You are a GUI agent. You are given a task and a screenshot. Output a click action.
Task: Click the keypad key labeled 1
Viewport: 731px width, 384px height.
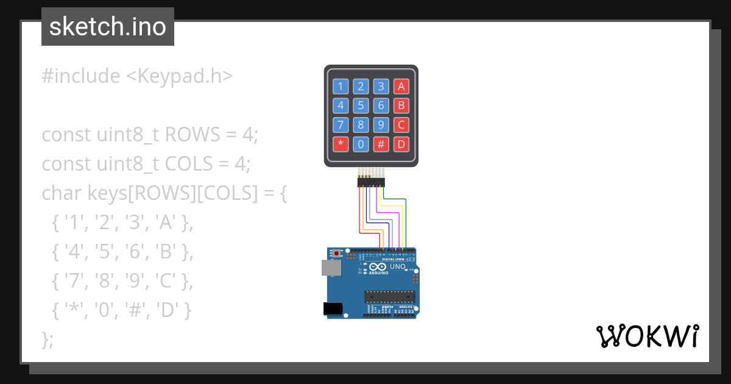(341, 86)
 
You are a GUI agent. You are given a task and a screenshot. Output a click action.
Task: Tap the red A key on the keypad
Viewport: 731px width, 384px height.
(401, 86)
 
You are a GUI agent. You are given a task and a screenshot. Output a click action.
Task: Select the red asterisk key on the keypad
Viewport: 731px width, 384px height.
(341, 144)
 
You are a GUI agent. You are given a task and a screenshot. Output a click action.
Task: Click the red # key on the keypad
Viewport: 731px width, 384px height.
(381, 144)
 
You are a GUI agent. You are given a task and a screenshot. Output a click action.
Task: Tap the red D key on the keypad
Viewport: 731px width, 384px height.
(401, 144)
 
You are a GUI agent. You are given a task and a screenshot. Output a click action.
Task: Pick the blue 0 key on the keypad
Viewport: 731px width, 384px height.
(361, 144)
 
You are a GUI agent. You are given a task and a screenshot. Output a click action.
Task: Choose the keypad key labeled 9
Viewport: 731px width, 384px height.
(381, 125)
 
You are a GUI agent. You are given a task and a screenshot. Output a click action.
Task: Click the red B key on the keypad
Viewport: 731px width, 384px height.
(401, 105)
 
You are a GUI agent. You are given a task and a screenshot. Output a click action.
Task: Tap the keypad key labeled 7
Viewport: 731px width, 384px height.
(341, 125)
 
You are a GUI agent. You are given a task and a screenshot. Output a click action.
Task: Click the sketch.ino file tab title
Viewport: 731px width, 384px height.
(108, 27)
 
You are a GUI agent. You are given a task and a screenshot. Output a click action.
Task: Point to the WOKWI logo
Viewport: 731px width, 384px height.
(647, 336)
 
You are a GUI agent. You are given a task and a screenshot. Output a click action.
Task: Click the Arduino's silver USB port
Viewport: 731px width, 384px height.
(331, 268)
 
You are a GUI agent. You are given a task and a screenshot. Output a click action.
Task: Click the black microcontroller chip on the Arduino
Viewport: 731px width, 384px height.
(390, 297)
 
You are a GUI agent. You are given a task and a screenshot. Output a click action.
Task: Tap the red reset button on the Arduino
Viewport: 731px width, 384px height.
(336, 253)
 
